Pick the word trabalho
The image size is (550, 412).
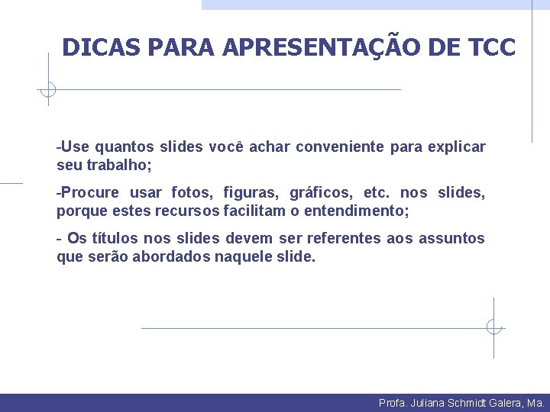(118, 165)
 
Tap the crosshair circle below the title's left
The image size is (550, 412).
(48, 90)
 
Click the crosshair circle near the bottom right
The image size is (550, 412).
(493, 328)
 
